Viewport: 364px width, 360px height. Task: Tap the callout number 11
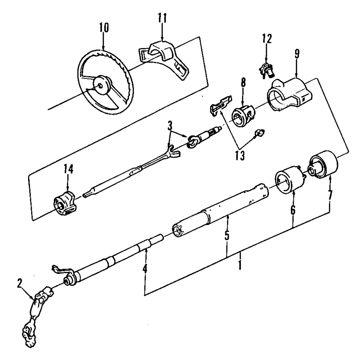click(162, 19)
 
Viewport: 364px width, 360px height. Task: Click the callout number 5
click(226, 236)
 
